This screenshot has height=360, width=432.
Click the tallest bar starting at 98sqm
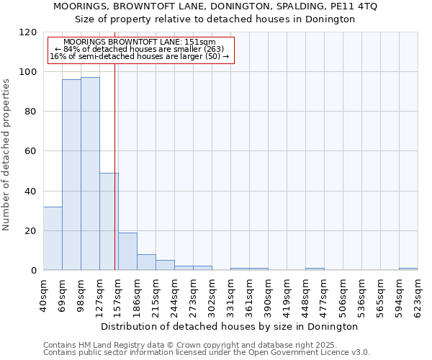(x=90, y=174)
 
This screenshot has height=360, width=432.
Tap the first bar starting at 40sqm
(x=53, y=238)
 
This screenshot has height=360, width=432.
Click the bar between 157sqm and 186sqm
(x=127, y=251)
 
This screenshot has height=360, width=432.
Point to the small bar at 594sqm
(x=408, y=269)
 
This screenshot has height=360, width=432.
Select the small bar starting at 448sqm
(x=315, y=269)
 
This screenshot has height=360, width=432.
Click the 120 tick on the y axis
(x=28, y=32)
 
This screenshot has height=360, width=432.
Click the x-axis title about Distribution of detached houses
(x=230, y=326)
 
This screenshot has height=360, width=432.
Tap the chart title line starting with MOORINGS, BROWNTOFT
(x=215, y=6)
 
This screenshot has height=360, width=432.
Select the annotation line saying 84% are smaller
(x=140, y=49)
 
